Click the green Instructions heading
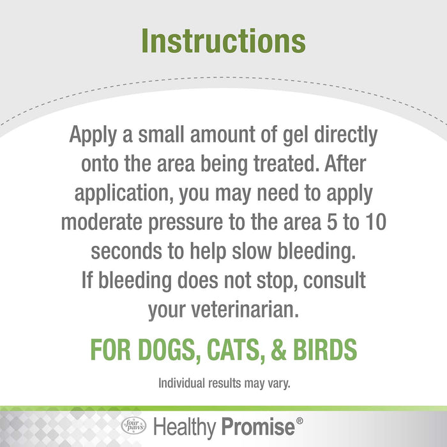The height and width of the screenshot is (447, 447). click(x=223, y=40)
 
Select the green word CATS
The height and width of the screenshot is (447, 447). click(x=239, y=350)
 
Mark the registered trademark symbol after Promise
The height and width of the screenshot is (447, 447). click(x=299, y=421)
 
